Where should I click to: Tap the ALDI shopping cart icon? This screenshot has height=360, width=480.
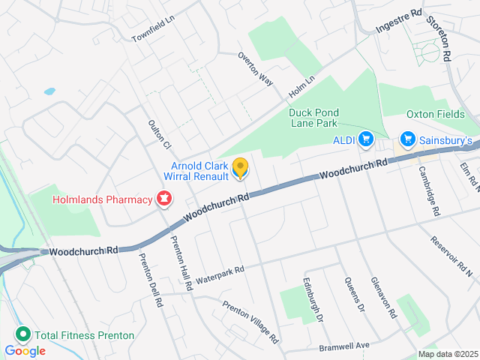click(366, 139)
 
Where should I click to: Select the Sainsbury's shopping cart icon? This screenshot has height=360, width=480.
click(408, 139)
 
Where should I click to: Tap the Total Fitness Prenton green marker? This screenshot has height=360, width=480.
click(22, 335)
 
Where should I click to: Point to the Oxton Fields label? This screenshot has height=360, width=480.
click(436, 114)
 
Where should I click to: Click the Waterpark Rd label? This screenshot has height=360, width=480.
click(220, 275)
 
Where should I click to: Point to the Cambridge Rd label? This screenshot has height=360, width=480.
click(428, 190)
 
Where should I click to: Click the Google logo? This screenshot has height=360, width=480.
click(25, 350)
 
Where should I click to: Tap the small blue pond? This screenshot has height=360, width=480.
click(49, 91)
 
